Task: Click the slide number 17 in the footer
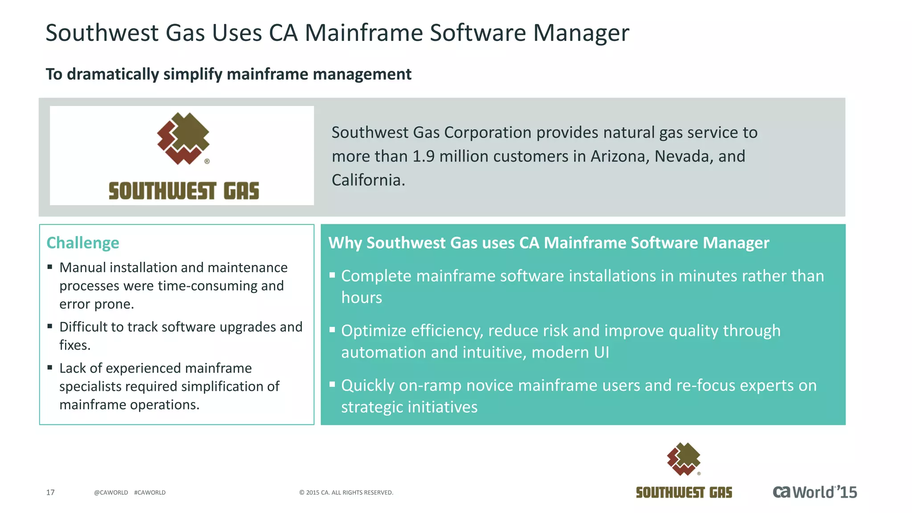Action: point(50,492)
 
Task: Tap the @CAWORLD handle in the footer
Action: point(111,493)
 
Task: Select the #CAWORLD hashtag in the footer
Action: point(150,493)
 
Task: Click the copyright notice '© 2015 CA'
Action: point(346,493)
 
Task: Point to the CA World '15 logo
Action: point(814,492)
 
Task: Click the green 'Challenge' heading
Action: point(83,243)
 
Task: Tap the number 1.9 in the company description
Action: point(423,156)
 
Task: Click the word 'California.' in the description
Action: point(368,180)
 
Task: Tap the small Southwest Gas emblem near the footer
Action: point(684,459)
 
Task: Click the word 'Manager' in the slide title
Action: point(581,33)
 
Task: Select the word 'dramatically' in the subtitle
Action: point(113,74)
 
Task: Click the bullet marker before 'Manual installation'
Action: point(50,267)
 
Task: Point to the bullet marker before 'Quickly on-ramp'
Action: point(332,384)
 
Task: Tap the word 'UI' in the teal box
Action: point(601,352)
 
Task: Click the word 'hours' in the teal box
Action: point(362,297)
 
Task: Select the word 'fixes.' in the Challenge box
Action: point(75,345)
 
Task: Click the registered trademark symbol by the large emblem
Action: point(207,161)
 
